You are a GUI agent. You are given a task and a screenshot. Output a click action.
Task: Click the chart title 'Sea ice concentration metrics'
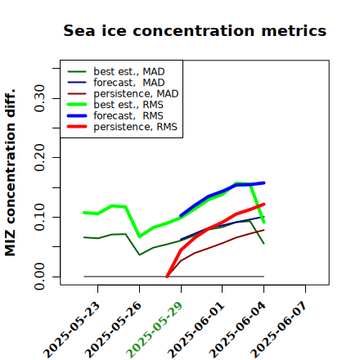coord(195,30)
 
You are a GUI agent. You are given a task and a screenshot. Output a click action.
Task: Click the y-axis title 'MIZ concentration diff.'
coord(10,173)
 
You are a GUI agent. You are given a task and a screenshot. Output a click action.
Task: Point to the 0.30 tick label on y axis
coord(39,98)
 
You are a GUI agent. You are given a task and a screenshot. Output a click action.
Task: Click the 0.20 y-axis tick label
coord(39,158)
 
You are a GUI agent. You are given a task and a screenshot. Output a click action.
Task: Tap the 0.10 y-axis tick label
coord(39,217)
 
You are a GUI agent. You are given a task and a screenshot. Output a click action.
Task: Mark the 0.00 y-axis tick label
coord(39,277)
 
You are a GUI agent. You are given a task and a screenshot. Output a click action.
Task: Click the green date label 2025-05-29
coord(155,330)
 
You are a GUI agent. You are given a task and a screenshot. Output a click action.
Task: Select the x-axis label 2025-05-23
coord(71,330)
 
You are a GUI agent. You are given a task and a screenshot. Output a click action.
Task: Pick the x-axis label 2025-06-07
coord(279,330)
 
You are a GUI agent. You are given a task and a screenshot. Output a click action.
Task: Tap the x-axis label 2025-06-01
coord(196,330)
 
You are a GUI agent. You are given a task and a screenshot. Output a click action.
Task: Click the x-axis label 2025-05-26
coord(113,330)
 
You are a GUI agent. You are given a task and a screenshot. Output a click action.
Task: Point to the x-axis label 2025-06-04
coord(237,330)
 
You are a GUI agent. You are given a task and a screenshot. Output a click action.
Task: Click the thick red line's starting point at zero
coord(167,277)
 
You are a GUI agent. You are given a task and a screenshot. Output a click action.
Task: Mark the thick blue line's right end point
coord(263,182)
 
